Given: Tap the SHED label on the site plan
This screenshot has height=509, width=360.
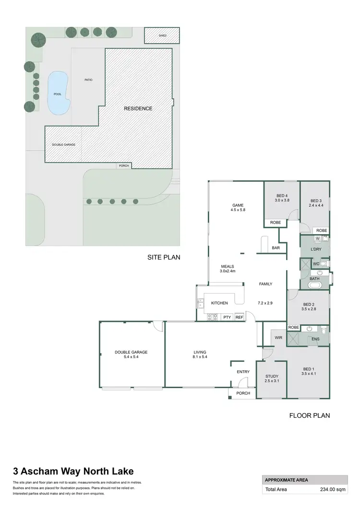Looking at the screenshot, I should click(162, 36).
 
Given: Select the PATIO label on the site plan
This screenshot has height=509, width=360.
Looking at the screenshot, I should click(88, 80).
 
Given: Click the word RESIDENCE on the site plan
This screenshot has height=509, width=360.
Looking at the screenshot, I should click(138, 108).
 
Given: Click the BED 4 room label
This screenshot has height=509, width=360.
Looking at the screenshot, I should click(282, 196).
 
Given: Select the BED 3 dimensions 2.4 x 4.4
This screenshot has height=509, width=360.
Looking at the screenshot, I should click(315, 205).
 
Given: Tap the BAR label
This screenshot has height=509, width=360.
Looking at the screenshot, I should click(276, 248).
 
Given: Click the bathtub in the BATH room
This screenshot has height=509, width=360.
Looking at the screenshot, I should click(315, 285).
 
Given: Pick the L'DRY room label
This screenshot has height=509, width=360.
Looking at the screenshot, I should click(315, 249).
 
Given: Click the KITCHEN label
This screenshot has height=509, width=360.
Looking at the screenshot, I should click(219, 303).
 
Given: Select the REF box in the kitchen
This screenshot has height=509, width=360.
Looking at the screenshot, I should click(239, 317).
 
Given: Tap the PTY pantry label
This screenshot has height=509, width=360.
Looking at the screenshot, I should click(227, 317).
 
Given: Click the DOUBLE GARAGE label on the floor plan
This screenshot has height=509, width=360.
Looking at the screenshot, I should click(131, 352).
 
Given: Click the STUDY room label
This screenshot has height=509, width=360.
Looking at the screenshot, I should click(272, 376).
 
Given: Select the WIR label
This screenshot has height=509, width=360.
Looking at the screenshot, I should click(278, 338).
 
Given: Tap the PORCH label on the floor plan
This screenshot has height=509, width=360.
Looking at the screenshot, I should click(243, 393).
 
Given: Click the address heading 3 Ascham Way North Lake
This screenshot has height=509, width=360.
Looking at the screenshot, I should click(73, 471).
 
